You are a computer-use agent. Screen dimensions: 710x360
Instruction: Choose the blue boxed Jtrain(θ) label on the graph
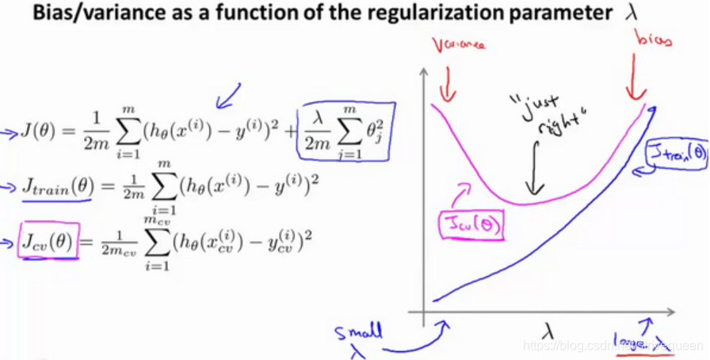[676, 153]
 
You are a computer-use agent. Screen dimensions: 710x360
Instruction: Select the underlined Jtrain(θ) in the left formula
[55, 188]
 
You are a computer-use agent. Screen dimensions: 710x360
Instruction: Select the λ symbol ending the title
[632, 15]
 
